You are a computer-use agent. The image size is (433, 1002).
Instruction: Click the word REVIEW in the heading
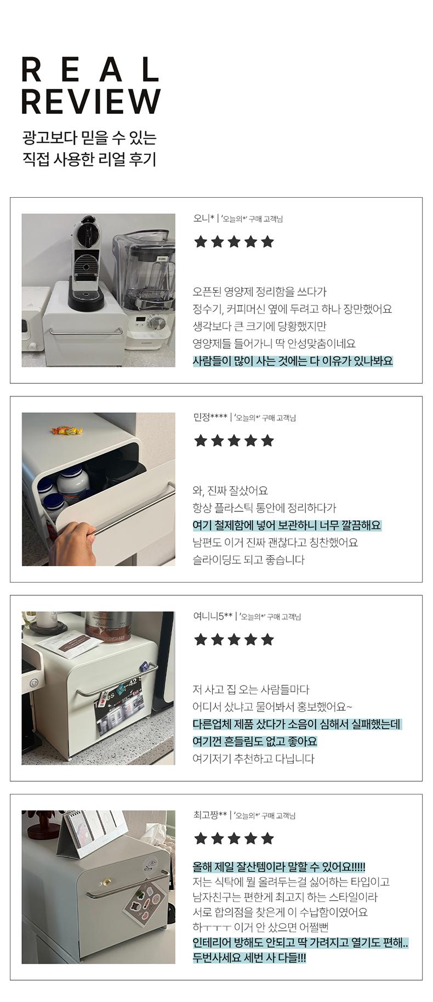click(x=91, y=101)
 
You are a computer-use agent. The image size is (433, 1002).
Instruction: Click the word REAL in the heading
click(x=90, y=70)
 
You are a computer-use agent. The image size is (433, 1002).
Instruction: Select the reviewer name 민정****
click(x=210, y=417)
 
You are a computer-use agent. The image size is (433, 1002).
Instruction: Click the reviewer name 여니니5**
click(x=213, y=616)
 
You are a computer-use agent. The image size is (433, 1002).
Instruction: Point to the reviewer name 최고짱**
click(x=210, y=815)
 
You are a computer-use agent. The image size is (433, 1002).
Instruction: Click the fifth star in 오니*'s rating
click(x=267, y=241)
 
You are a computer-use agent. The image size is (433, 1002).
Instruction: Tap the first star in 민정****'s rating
click(x=201, y=440)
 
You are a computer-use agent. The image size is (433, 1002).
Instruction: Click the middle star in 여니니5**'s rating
click(x=234, y=639)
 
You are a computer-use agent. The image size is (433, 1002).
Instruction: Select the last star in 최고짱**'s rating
click(x=267, y=838)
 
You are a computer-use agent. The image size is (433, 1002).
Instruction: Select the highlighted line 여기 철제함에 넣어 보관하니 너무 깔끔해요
click(x=287, y=525)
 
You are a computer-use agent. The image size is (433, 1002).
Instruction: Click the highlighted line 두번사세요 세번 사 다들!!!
click(x=249, y=958)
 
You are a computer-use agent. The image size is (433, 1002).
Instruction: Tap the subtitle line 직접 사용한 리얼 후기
click(x=89, y=159)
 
